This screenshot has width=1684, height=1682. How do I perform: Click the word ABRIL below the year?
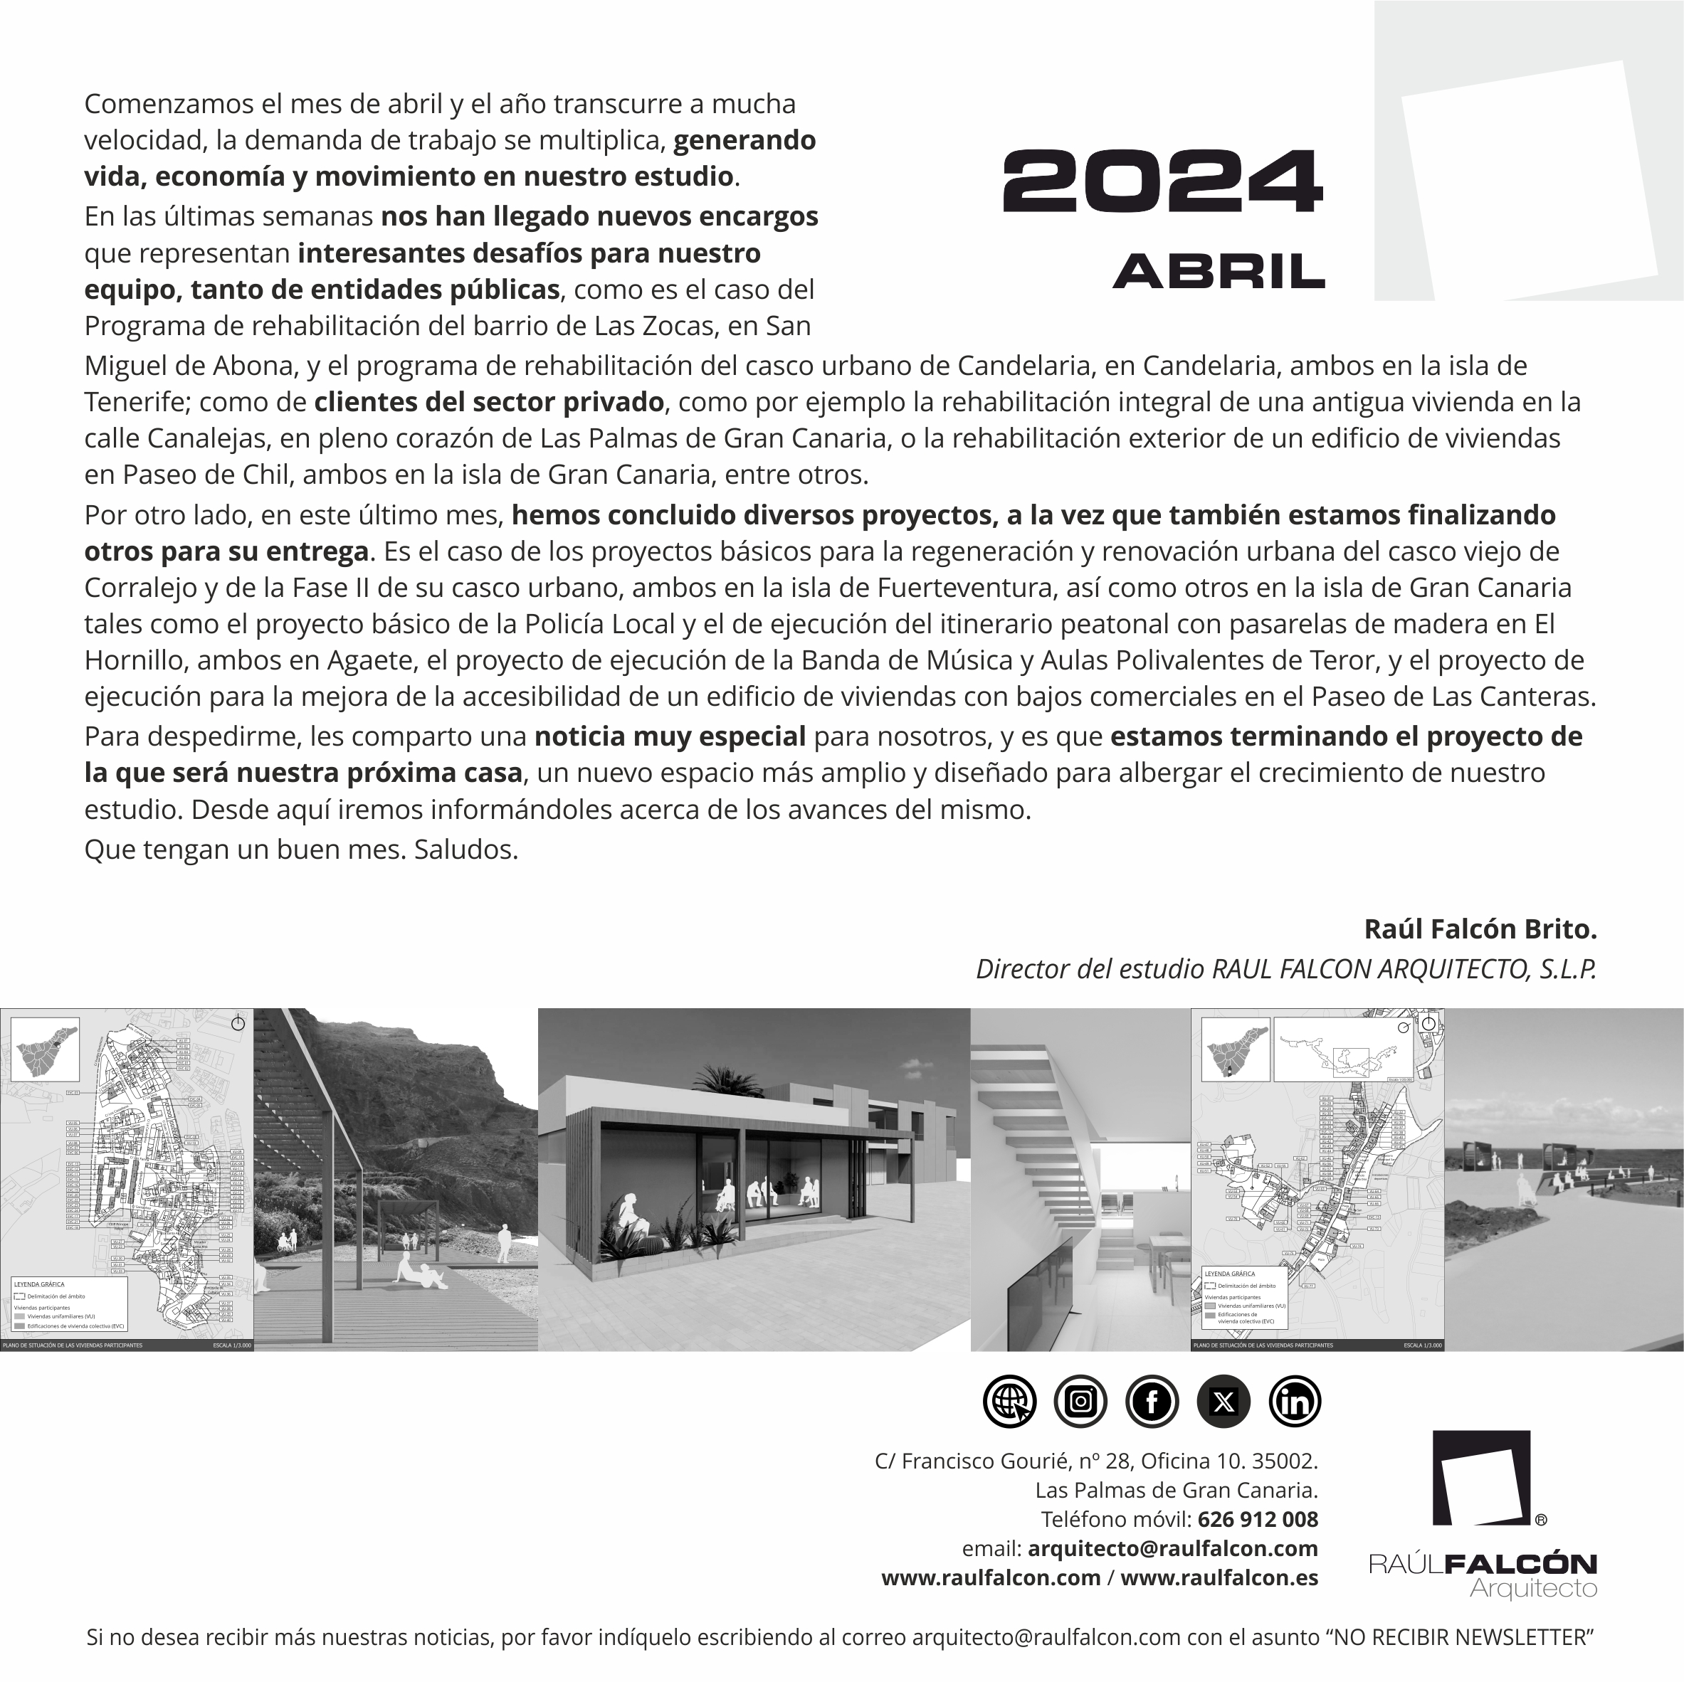click(1218, 272)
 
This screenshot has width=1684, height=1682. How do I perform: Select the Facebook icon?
click(1152, 1402)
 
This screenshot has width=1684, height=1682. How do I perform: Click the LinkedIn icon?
click(1295, 1402)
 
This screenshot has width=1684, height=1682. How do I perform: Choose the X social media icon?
click(1223, 1402)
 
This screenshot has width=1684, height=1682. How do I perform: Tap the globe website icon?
click(1009, 1402)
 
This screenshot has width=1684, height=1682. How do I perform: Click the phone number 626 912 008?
click(1257, 1519)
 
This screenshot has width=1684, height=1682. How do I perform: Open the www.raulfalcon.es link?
click(1219, 1577)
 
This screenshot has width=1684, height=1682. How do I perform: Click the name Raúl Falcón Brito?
click(1479, 929)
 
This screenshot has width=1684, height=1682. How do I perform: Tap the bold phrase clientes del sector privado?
click(488, 402)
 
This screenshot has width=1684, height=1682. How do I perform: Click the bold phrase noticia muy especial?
click(670, 736)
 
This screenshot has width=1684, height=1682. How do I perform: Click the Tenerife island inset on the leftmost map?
click(46, 1049)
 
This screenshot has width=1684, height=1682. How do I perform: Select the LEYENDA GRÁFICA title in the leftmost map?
click(38, 1284)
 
